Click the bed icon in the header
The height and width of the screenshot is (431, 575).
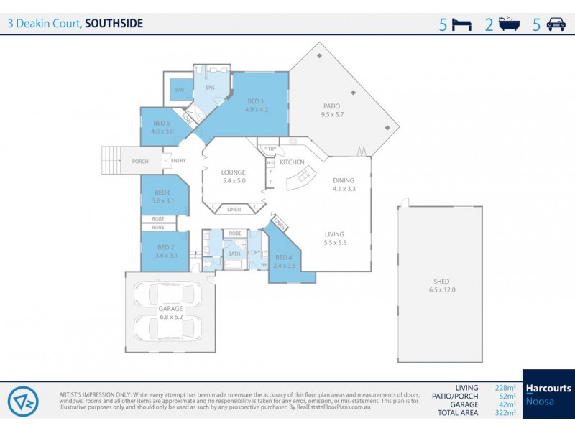(x=461, y=24)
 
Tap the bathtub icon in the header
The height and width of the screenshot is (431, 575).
(x=509, y=24)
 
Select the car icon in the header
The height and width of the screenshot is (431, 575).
(x=556, y=24)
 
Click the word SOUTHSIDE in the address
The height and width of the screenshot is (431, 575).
(x=114, y=23)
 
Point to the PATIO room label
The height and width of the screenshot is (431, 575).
(x=331, y=106)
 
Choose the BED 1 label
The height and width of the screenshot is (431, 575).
(x=256, y=101)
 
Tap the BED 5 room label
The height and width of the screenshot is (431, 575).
(x=162, y=124)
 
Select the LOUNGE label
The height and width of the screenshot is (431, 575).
(x=234, y=172)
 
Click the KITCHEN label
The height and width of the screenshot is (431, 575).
(x=292, y=163)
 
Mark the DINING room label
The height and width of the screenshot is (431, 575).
(x=344, y=181)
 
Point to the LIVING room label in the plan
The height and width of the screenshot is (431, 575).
(x=335, y=234)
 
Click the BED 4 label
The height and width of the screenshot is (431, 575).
(x=284, y=257)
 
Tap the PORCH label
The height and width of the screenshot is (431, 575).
(x=140, y=162)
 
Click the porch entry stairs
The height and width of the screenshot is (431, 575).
(x=112, y=159)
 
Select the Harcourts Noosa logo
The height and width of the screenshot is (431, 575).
(x=548, y=394)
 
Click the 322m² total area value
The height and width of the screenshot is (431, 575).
(x=507, y=413)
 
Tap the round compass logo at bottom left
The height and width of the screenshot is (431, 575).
(x=23, y=401)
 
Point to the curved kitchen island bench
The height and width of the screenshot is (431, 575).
(x=305, y=178)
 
